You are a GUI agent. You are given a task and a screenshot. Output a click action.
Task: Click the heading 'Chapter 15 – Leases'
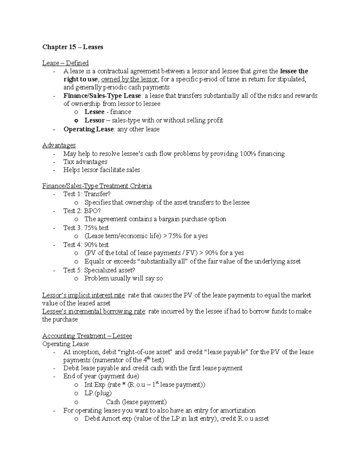(73, 47)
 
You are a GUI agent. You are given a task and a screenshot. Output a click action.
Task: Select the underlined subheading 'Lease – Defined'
(65, 63)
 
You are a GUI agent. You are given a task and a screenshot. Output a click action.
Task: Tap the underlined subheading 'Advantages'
(59, 145)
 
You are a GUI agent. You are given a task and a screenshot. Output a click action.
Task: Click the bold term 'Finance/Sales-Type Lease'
(102, 96)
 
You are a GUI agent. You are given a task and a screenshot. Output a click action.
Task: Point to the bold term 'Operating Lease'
(88, 129)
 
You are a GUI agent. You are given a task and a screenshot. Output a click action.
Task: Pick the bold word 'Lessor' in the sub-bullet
(94, 120)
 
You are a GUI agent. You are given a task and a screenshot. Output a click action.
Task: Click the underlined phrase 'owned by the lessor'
(129, 80)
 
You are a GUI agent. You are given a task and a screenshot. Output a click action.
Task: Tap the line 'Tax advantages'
(85, 162)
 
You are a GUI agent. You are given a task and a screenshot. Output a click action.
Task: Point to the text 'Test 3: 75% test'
(86, 228)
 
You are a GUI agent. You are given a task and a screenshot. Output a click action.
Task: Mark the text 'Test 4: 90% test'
(86, 245)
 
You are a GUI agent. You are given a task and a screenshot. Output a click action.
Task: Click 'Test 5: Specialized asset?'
(99, 270)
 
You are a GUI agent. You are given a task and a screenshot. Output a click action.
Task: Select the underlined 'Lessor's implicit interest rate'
(83, 295)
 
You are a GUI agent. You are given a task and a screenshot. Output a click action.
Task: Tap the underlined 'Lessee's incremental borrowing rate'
(94, 311)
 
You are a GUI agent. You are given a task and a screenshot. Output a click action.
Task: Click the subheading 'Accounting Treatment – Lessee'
(87, 336)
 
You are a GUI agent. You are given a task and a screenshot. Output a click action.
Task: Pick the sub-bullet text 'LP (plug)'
(98, 393)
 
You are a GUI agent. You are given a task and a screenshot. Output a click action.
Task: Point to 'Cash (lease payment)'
(136, 402)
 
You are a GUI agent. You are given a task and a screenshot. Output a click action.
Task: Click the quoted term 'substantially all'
(163, 261)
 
